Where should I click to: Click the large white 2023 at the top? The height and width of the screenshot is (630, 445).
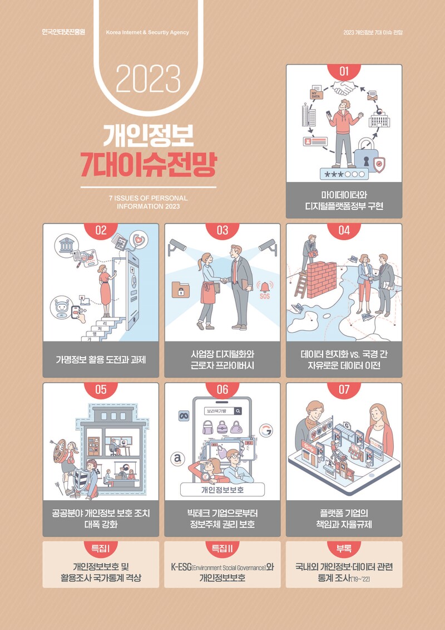pos(148,79)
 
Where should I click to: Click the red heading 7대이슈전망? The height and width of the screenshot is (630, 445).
pos(148,164)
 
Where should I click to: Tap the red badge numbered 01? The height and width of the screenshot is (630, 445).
pos(344,72)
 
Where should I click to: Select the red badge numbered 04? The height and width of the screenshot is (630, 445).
pos(344,231)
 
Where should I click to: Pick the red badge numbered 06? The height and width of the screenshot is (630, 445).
pos(222,390)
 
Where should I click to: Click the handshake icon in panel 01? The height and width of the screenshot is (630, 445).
pos(343,88)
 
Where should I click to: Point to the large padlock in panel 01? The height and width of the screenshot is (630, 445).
pos(365,155)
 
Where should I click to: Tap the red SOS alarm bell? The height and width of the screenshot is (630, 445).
pos(265,289)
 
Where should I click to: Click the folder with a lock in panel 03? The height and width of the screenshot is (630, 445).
pos(181,290)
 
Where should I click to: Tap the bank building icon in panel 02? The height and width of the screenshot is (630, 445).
pos(67,245)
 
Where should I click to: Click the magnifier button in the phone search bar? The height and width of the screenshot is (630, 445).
pos(238,411)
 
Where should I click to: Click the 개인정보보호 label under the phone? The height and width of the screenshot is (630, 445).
pos(222,490)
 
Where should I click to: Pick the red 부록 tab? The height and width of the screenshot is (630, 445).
pos(344,549)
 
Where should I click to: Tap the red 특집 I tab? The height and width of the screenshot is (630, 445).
pos(101,549)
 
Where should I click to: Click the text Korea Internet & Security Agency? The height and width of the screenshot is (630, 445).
pos(147,32)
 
